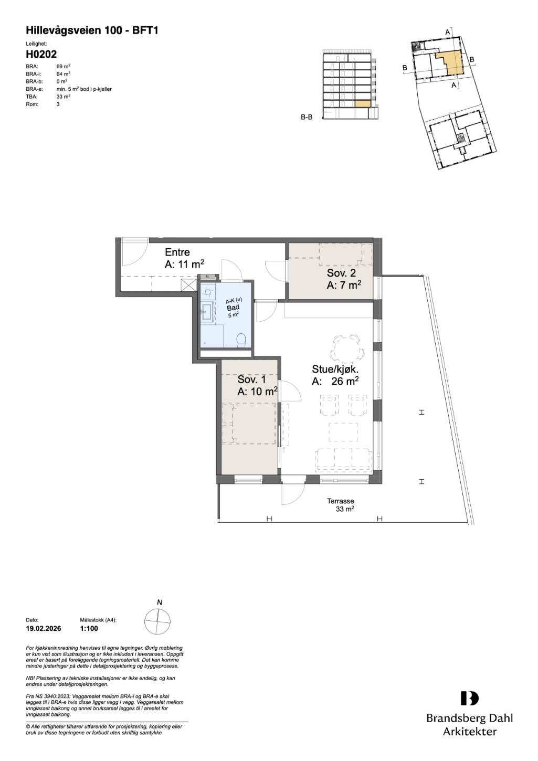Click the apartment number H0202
41,55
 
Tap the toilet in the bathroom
241,340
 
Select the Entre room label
177,252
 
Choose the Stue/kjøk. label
335,369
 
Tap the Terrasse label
341,501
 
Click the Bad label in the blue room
233,308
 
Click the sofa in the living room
344,460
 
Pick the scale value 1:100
89,629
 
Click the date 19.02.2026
44,629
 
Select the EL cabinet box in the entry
208,276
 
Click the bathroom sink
207,311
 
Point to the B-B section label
307,118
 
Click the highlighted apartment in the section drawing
362,104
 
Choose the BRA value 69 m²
64,67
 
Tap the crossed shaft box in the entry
188,286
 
